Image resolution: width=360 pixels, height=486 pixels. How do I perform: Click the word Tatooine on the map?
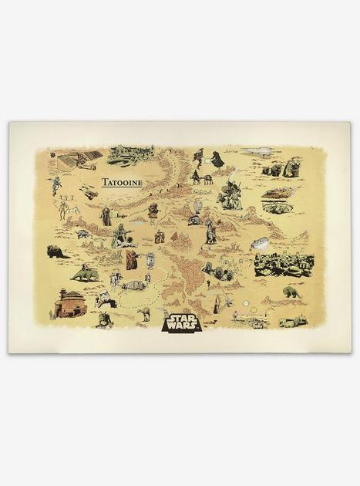click(x=121, y=183)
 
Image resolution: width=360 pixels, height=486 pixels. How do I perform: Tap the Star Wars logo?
click(x=181, y=320)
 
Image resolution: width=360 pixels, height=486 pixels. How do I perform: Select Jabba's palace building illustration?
click(x=70, y=304)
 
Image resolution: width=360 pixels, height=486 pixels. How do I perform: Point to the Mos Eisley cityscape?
click(x=283, y=264)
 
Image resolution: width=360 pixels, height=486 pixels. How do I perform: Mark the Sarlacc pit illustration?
click(x=277, y=206)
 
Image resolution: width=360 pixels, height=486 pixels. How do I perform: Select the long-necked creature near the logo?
click(x=144, y=313)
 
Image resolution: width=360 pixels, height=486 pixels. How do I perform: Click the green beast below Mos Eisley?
click(x=291, y=292)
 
